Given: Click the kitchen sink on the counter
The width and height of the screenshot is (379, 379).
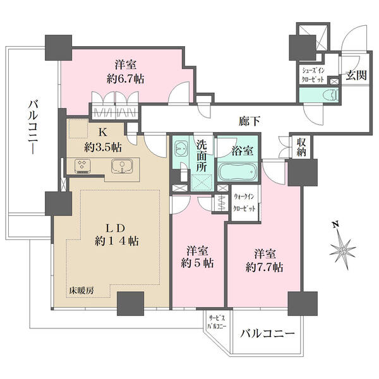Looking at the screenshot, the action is point(122,167).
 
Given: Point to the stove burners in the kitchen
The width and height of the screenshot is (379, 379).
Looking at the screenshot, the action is point(83,166).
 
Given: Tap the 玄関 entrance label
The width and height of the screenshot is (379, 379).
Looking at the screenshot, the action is point(356,75).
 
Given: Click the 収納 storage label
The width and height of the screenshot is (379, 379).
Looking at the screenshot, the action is point(301,147).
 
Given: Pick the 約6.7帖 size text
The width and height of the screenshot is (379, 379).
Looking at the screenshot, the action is point(126,79).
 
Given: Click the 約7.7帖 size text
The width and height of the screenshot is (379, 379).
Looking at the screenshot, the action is point(264,268).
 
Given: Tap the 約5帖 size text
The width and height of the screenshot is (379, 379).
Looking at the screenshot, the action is point(198,263).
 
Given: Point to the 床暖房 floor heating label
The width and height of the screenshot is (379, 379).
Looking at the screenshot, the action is point(80,291).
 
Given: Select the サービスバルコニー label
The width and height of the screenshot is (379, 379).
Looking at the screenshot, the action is point(217,322).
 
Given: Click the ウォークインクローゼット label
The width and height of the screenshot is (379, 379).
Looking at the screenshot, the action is point(244,203).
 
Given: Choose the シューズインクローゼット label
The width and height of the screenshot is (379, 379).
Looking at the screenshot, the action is point(313,75).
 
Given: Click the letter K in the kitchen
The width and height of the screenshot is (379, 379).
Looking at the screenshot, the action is point(102,132).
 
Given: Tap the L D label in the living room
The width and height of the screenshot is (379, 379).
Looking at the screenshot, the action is point(116,228).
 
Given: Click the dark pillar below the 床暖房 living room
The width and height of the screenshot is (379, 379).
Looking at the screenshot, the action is point(130,303).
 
